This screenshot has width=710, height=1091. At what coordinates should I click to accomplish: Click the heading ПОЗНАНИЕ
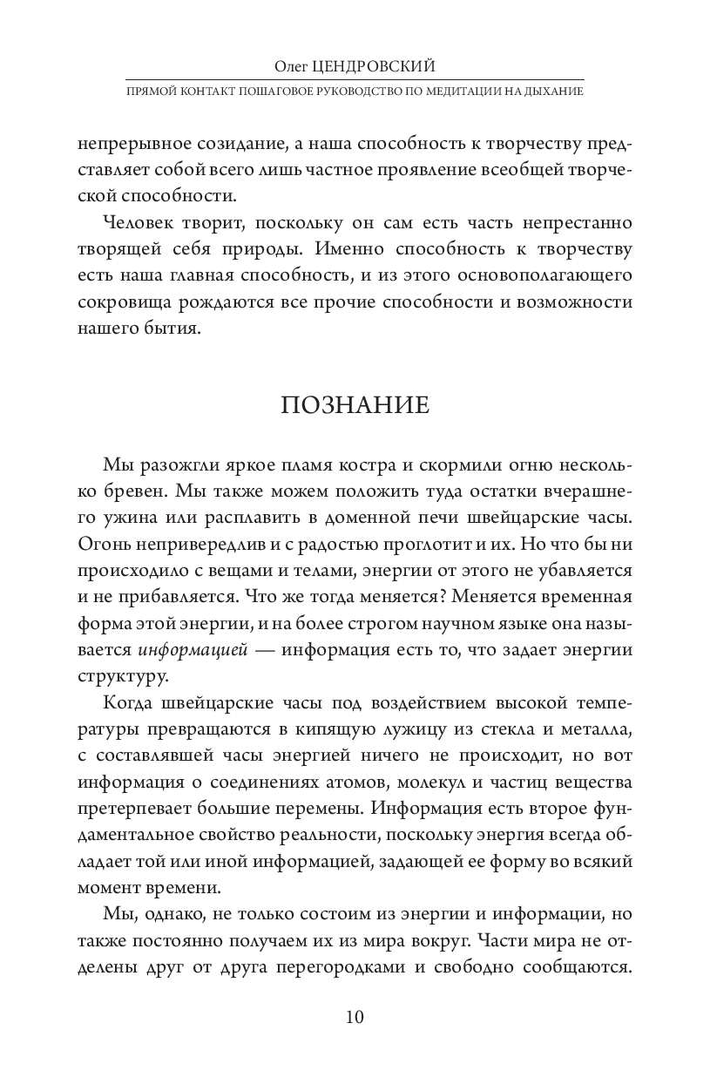(354, 406)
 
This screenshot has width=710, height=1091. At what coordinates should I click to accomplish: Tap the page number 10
(355, 1018)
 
